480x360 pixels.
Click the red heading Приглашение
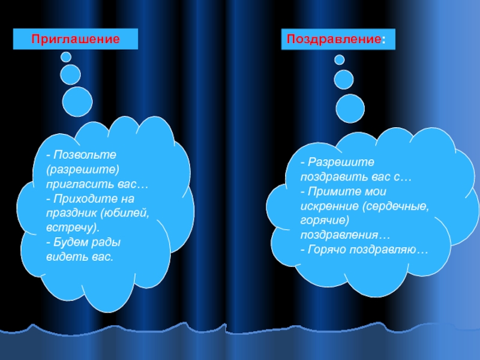(x=76, y=40)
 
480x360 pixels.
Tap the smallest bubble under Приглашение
(x=66, y=57)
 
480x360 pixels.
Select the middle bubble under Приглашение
(x=71, y=74)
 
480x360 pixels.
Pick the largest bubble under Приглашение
(x=78, y=101)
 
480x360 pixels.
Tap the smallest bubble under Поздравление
(x=340, y=59)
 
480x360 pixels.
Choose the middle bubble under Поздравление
(x=344, y=79)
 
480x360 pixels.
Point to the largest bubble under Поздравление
(x=350, y=108)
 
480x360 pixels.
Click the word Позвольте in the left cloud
(x=80, y=155)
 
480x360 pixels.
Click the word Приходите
(x=83, y=199)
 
